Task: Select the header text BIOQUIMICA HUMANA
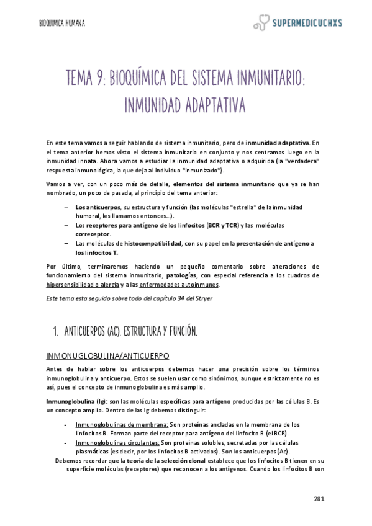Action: coord(62,24)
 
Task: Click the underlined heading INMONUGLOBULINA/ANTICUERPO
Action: coord(108,355)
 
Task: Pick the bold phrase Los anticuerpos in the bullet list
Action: coord(98,207)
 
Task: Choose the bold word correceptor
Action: coord(93,234)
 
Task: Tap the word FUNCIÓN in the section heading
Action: coord(178,332)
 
